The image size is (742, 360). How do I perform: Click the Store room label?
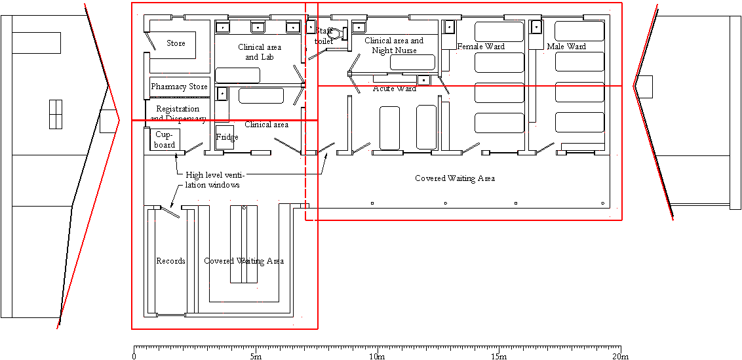[176, 43]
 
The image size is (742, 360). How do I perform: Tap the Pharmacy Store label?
[179, 87]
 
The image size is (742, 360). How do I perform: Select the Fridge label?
[227, 137]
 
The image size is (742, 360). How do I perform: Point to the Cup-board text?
[165, 139]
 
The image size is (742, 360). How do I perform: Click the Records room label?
[170, 261]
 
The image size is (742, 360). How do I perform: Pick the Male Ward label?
[566, 47]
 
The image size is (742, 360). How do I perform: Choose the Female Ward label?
[480, 47]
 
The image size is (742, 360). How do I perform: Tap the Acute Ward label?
[394, 89]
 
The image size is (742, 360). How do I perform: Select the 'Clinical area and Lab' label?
[260, 52]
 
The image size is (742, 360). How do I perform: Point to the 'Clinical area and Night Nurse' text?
[393, 45]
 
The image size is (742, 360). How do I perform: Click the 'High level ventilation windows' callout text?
[214, 180]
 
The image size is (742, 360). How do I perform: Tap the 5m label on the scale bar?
[256, 356]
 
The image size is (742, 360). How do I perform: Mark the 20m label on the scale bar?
[620, 356]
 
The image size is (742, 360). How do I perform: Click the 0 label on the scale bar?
[134, 356]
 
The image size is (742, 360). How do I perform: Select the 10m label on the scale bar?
[377, 356]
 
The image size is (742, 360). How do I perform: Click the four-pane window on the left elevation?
[56, 115]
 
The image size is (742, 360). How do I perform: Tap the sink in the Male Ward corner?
[536, 27]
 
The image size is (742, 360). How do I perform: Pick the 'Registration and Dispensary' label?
[178, 113]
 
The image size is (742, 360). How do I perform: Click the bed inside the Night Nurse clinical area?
[412, 62]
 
